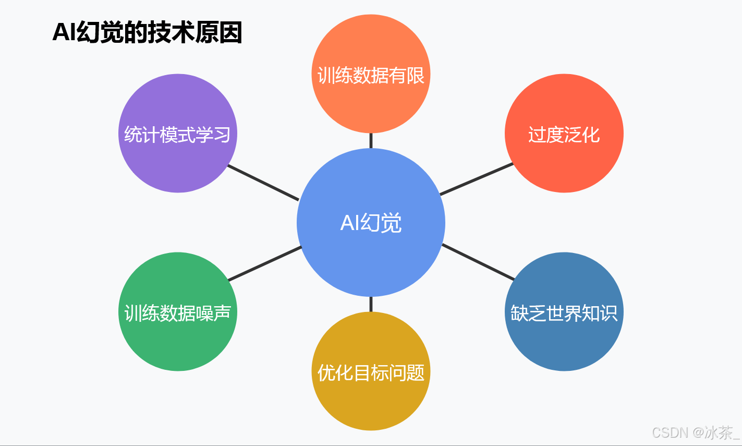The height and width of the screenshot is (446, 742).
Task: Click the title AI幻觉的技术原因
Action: pyautogui.click(x=147, y=32)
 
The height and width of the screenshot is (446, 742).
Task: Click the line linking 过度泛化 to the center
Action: pyautogui.click(x=477, y=179)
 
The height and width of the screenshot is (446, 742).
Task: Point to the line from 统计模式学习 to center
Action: pyautogui.click(x=263, y=183)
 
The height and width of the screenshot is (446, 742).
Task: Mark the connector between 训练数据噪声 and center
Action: pyautogui.click(x=265, y=263)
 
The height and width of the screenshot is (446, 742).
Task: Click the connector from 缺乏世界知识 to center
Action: pyautogui.click(x=478, y=261)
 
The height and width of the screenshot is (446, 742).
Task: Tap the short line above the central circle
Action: pyautogui.click(x=371, y=141)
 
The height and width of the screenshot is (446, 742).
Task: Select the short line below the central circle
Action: pyautogui.click(x=371, y=304)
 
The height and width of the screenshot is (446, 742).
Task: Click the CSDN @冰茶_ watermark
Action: pyautogui.click(x=696, y=432)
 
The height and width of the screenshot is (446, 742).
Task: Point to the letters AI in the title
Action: pyautogui.click(x=64, y=32)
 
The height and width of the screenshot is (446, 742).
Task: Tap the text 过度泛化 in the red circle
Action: pyautogui.click(x=564, y=135)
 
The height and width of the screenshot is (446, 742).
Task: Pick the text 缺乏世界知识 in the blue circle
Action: pyautogui.click(x=564, y=313)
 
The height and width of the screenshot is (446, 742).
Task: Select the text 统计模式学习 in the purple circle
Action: pyautogui.click(x=178, y=135)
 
